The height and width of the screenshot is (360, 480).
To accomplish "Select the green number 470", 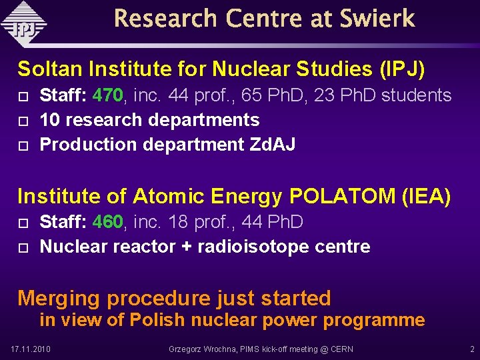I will (x=107, y=96).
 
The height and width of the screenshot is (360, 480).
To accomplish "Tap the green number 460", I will (x=107, y=222).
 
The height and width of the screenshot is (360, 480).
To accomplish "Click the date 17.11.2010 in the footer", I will (x=31, y=349).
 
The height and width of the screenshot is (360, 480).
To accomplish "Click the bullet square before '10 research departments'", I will (x=23, y=121).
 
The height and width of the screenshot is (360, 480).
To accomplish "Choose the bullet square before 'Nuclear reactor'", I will (x=23, y=247).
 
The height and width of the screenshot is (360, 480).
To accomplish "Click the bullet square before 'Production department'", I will (x=23, y=145).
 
